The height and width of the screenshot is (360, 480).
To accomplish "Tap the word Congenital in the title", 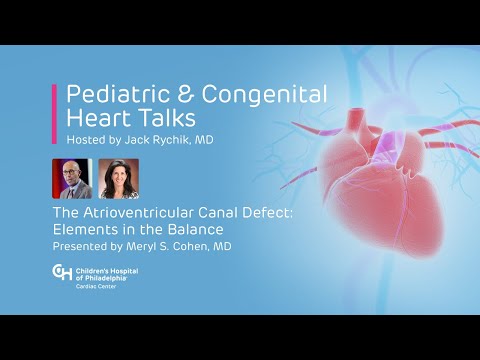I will click(x=262, y=95).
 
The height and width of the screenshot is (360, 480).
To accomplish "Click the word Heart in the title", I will click(x=96, y=118).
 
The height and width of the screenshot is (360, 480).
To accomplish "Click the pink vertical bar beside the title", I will click(x=54, y=114).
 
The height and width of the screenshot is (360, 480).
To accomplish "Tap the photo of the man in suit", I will click(x=79, y=179).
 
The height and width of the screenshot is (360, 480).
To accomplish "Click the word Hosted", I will click(x=84, y=141).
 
